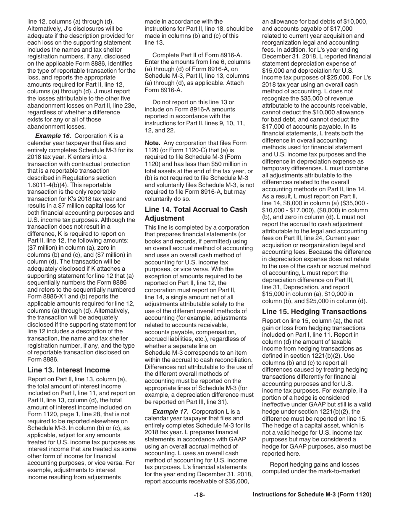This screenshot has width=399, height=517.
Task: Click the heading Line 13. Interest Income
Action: coord(68,370)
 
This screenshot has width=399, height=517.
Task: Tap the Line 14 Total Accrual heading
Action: coord(196,214)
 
